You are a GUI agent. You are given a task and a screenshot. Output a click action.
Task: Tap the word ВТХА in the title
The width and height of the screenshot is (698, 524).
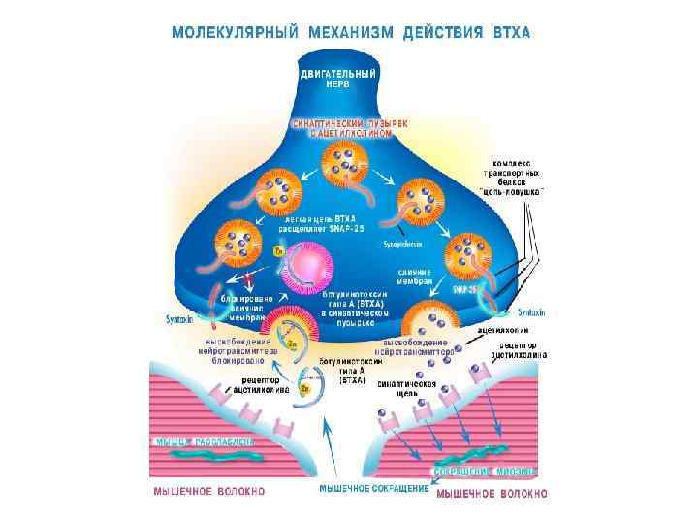(508, 31)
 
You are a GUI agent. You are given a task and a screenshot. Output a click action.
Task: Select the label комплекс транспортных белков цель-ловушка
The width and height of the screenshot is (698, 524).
(512, 177)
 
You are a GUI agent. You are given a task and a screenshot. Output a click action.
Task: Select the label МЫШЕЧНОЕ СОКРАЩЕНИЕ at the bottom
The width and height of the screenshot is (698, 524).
(373, 488)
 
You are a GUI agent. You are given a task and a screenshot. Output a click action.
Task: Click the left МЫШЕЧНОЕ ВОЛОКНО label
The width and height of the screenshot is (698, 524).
(208, 492)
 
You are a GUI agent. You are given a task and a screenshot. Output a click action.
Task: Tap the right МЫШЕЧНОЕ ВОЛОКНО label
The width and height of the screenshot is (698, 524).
(492, 493)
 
